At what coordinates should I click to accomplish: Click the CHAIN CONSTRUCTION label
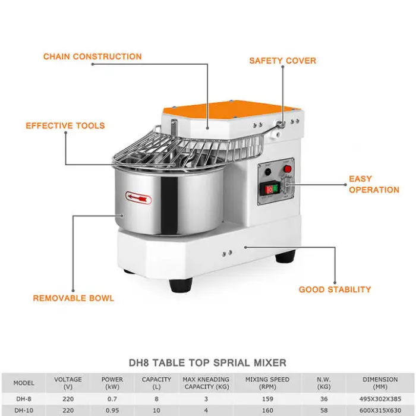click(x=93, y=56)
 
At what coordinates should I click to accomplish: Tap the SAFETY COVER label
click(x=283, y=61)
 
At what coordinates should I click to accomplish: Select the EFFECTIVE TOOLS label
click(x=65, y=126)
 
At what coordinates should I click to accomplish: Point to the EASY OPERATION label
click(x=374, y=184)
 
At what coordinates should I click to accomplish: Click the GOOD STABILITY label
click(x=335, y=289)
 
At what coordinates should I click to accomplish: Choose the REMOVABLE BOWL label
click(x=74, y=298)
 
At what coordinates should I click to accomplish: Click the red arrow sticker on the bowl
click(x=138, y=198)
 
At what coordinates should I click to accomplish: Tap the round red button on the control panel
click(x=288, y=169)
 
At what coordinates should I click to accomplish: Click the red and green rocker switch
click(x=270, y=189)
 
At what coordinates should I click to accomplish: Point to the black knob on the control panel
click(x=268, y=172)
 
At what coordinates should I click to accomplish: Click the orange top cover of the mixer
click(x=231, y=109)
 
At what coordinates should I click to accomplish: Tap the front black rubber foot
click(x=181, y=285)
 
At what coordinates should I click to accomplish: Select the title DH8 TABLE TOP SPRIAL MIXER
click(x=208, y=363)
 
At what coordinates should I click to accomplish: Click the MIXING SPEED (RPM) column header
click(x=267, y=383)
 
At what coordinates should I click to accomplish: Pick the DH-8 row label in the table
click(x=24, y=399)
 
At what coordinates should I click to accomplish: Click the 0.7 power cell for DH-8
click(x=112, y=399)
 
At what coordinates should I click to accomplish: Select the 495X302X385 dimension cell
click(x=380, y=399)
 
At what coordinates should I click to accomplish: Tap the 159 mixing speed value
click(x=267, y=399)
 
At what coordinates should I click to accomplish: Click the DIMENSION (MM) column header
click(x=380, y=383)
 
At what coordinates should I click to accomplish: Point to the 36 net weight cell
click(x=324, y=399)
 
